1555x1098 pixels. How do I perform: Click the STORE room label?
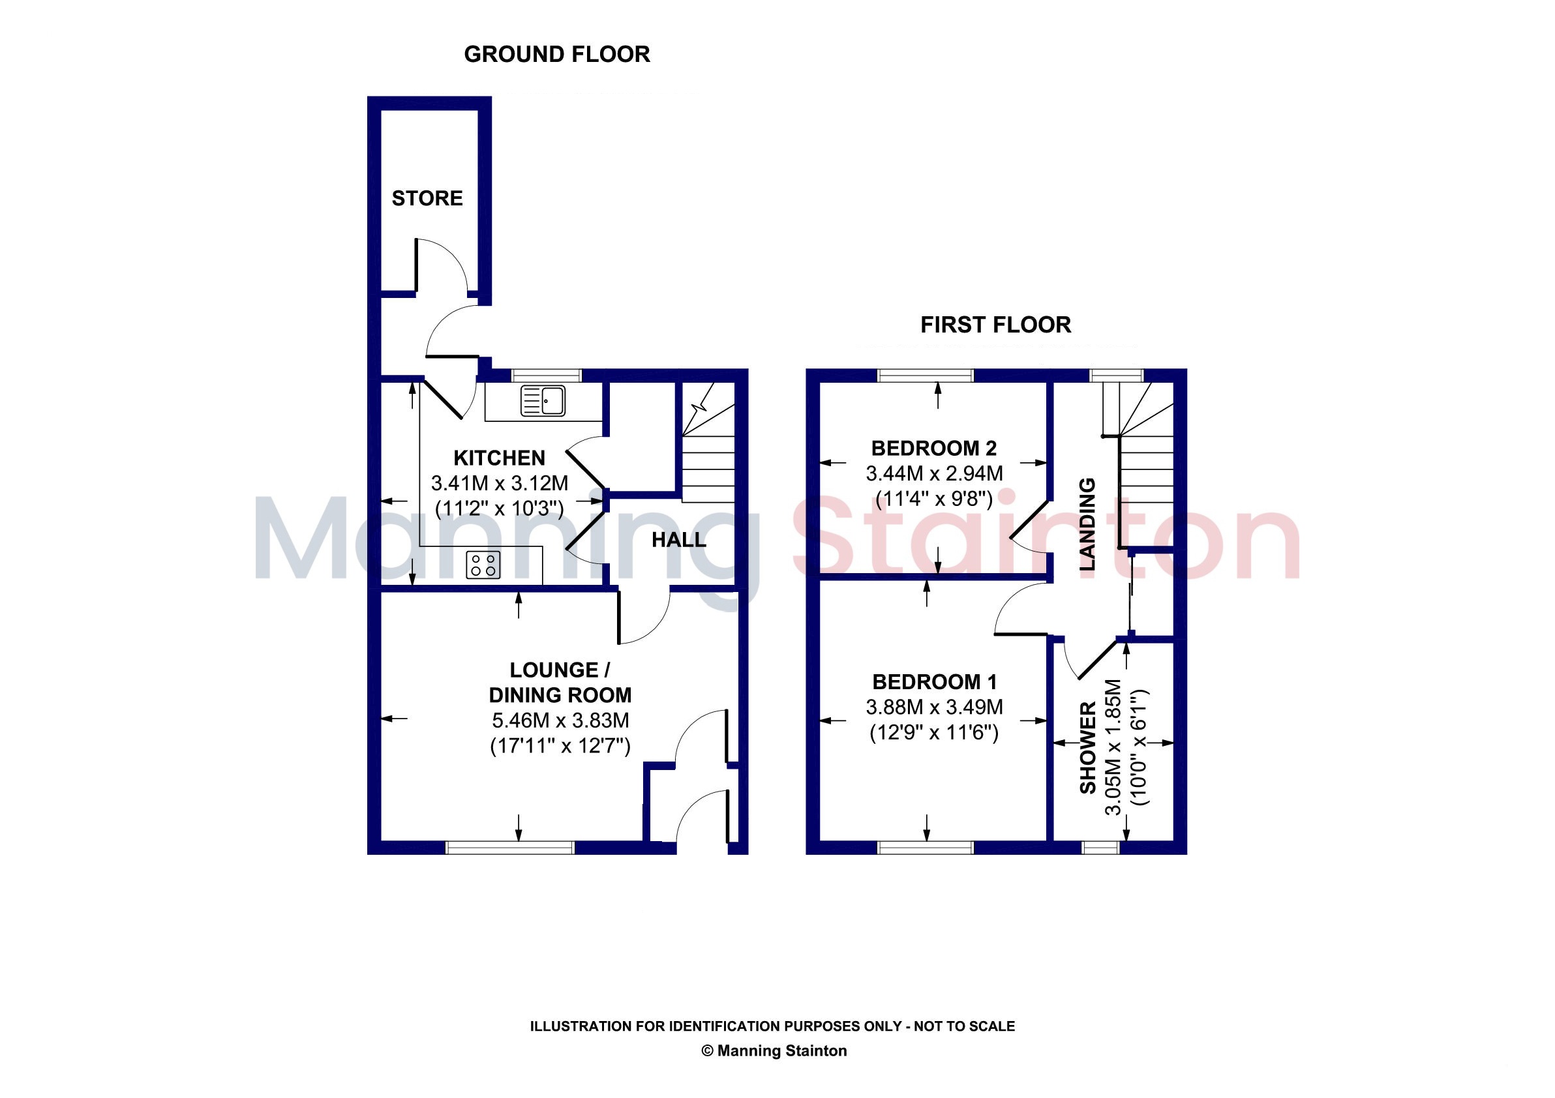point(427,198)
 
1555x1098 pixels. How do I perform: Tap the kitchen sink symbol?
point(543,401)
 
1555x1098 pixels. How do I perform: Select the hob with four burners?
point(483,565)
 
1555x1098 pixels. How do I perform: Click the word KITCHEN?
point(499,458)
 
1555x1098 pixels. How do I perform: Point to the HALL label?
point(678,539)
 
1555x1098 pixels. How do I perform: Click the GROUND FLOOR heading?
point(557,54)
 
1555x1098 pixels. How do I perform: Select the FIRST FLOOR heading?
point(995,325)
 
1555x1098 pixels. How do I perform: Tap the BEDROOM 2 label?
point(934,448)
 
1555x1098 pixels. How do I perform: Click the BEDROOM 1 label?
point(934,681)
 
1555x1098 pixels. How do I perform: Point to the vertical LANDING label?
point(1087,524)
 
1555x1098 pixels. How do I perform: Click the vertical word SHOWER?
point(1088,747)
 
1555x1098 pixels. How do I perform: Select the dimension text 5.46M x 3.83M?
point(560,720)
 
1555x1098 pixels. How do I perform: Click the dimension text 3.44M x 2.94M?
point(934,474)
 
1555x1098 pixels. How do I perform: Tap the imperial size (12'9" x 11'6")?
point(934,733)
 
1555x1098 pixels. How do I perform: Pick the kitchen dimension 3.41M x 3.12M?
point(499,483)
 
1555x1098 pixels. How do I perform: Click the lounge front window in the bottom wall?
point(510,848)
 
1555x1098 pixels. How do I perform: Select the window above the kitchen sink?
point(546,375)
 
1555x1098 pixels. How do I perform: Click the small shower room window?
point(1100,848)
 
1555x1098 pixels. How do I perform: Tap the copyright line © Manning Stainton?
point(774,1050)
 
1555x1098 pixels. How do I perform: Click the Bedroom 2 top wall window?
point(925,375)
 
